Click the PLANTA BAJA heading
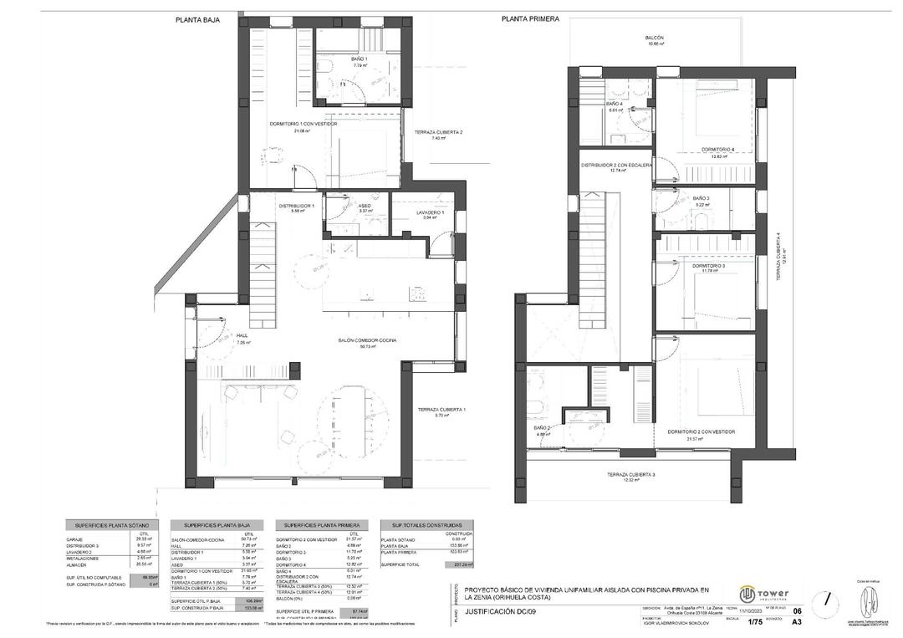[197, 18]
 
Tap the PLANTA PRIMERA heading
[530, 18]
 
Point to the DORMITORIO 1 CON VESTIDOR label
[303, 124]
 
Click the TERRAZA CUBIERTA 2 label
[438, 133]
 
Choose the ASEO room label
[365, 206]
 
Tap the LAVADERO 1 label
[431, 212]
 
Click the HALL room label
[243, 336]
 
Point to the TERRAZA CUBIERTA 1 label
[441, 410]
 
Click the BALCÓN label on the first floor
[654, 38]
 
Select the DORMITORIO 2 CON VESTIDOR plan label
[701, 431]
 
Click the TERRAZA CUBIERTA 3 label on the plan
[630, 475]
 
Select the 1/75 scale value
[753, 622]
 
